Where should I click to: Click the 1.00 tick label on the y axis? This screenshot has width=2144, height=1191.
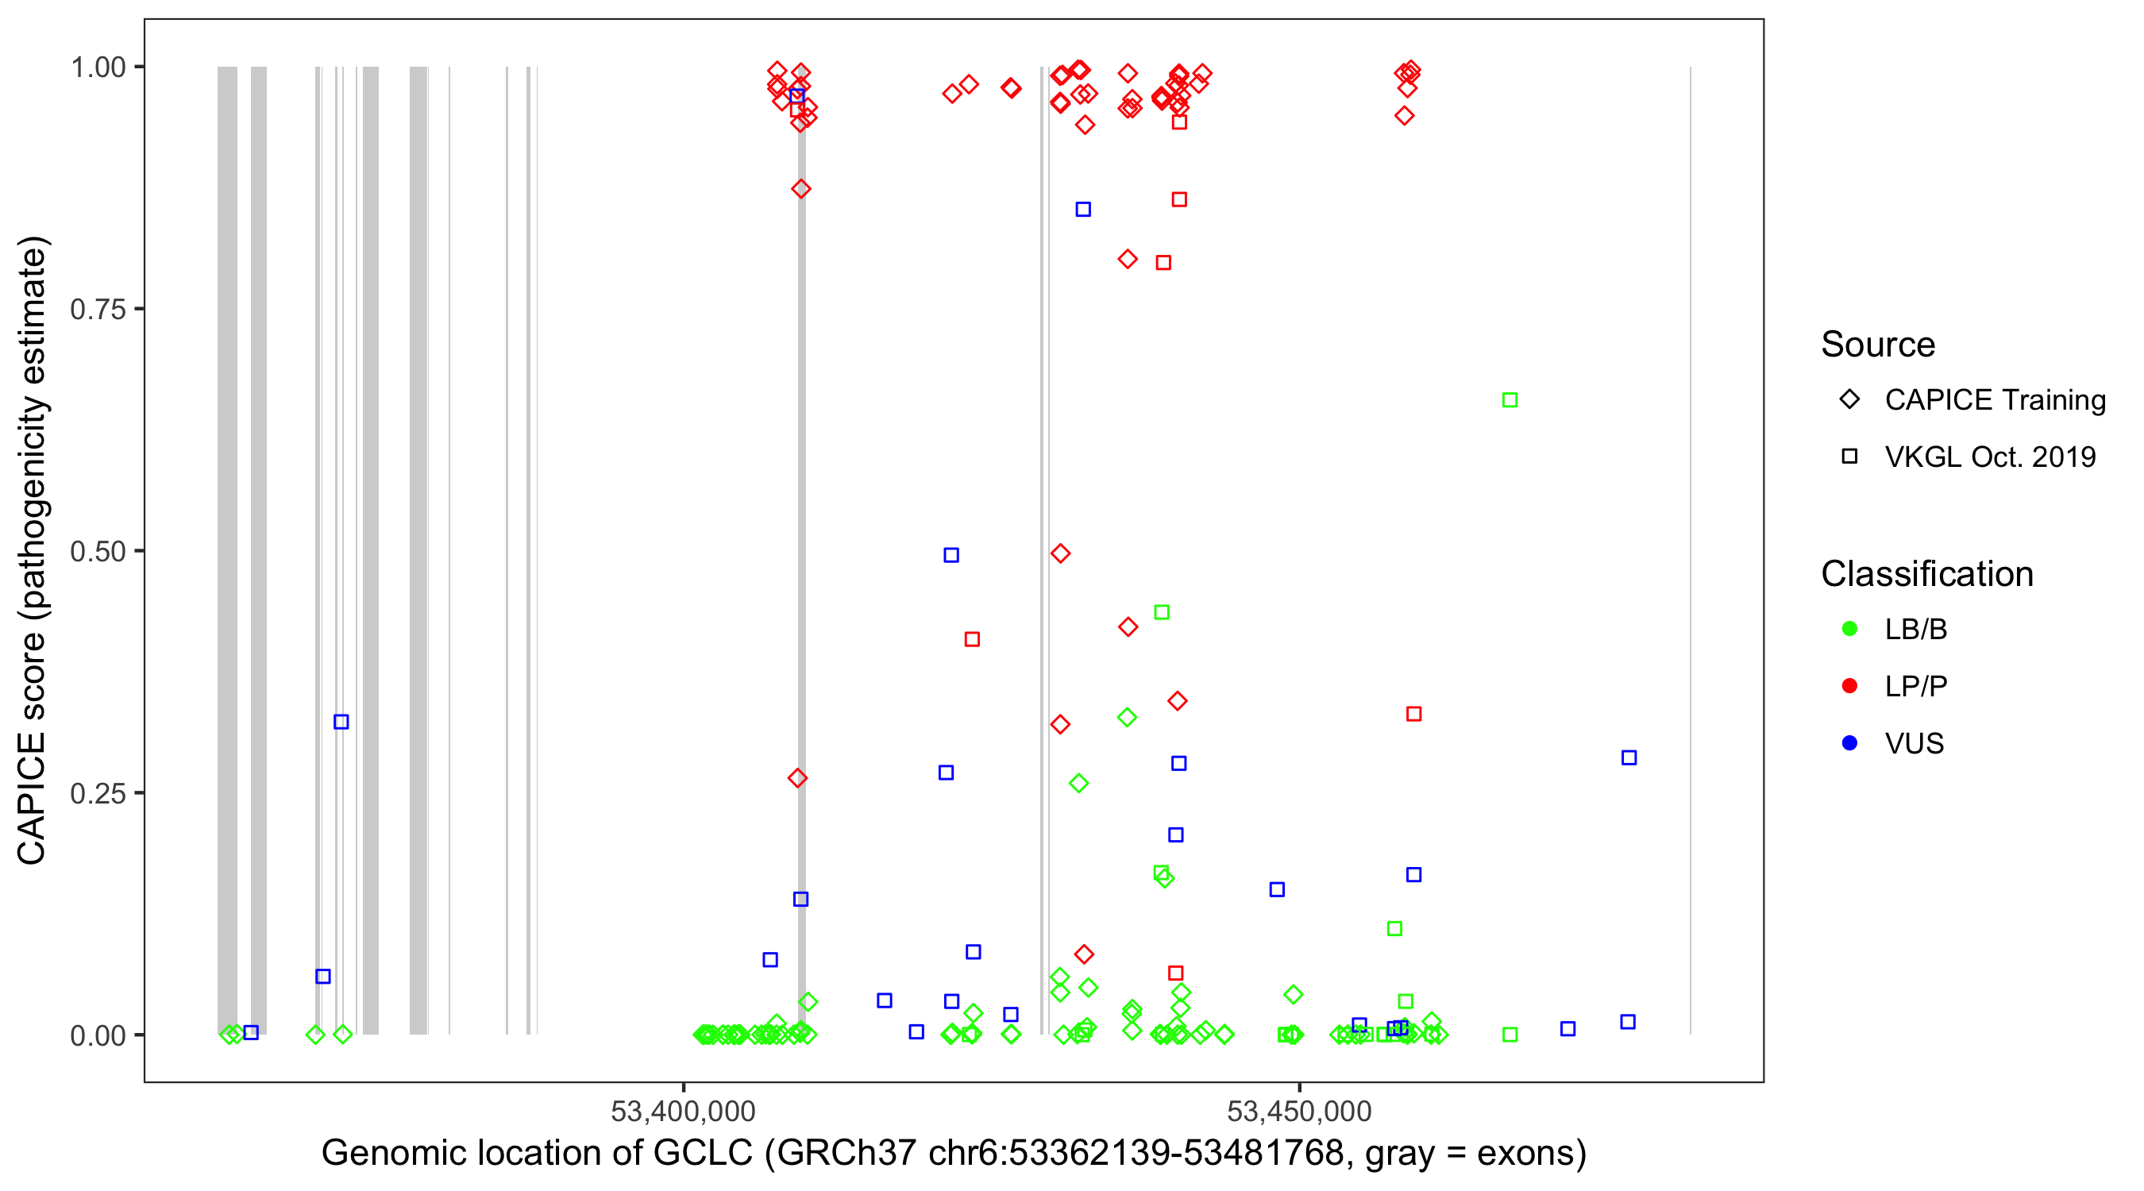click(x=98, y=67)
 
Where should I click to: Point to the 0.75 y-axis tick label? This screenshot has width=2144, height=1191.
click(x=98, y=310)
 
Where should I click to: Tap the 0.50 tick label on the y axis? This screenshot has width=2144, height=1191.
click(x=98, y=551)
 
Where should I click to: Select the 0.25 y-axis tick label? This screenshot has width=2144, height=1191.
click(x=98, y=793)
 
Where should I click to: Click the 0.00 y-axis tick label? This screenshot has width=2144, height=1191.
click(x=98, y=1035)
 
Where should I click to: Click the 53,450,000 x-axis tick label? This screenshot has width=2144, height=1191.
click(x=1298, y=1111)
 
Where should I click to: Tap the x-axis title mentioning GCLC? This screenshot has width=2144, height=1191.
click(x=954, y=1154)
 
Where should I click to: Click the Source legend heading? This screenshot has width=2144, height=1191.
click(x=1878, y=345)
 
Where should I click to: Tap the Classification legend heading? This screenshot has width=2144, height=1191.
click(x=1926, y=574)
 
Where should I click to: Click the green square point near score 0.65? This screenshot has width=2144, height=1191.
click(x=1510, y=400)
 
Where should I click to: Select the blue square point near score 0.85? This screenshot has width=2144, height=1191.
click(x=1083, y=210)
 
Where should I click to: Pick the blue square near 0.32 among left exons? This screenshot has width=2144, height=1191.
click(x=341, y=722)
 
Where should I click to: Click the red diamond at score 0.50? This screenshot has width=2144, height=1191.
click(x=1060, y=553)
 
